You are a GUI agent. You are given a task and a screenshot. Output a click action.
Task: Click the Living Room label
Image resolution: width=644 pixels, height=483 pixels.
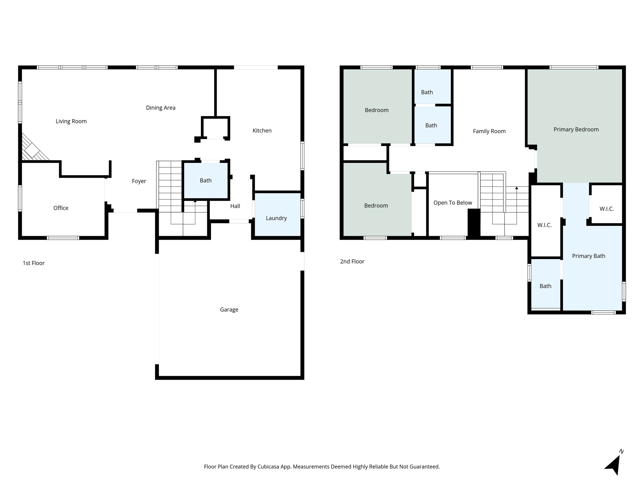pos(71,121)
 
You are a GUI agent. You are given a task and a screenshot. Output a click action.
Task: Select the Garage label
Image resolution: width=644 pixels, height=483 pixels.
pos(229,310)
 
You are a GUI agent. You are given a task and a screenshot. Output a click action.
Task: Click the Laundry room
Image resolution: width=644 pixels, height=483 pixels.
pos(276,218)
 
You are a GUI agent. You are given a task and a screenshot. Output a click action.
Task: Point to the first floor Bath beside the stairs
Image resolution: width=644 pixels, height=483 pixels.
pos(206,180)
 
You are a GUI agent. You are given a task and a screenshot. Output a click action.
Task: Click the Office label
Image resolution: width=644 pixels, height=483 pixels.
pos(61,208)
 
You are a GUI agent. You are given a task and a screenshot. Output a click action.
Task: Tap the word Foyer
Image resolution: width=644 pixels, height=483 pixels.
pos(139,181)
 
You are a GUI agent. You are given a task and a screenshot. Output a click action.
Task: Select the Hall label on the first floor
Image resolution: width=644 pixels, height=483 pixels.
pos(235,206)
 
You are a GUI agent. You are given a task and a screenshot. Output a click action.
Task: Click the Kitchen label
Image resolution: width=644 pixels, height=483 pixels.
pos(262,131)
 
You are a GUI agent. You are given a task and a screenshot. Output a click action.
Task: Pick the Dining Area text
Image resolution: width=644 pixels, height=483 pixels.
pos(160,108)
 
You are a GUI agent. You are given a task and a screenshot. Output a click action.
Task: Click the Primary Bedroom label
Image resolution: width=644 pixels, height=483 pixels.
pos(576,130)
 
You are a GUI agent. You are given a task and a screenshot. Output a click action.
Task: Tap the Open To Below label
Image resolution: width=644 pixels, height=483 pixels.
pos(452,203)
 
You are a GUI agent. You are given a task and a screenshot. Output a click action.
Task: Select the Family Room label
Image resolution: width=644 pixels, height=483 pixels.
pos(489,131)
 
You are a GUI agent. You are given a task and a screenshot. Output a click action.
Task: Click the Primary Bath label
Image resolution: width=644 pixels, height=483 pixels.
pos(588,256)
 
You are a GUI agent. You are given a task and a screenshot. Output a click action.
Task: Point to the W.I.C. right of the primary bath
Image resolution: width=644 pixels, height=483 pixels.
pos(606,209)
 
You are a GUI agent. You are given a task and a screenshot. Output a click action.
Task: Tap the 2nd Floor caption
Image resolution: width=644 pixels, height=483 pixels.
pos(352,262)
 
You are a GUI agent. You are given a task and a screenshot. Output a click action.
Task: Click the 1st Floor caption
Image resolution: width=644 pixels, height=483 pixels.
pos(34,263)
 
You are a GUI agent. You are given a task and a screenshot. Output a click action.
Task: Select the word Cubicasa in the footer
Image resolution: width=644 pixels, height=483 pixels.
pos(269,467)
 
